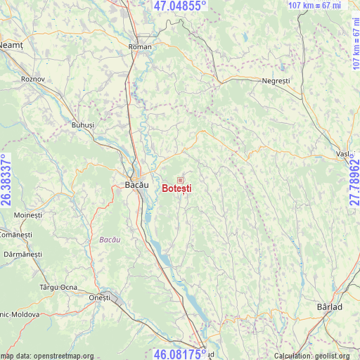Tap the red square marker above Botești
coord(180,180)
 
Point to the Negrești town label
coord(276,82)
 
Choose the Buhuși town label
coord(82,124)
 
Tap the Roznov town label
coord(33,79)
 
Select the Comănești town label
coord(13,233)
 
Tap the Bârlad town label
coord(330,307)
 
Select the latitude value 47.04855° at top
coord(180,6)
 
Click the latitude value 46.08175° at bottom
coord(180,353)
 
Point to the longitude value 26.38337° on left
coord(6,180)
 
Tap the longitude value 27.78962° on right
coord(354,181)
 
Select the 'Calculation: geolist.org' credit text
coord(313,356)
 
